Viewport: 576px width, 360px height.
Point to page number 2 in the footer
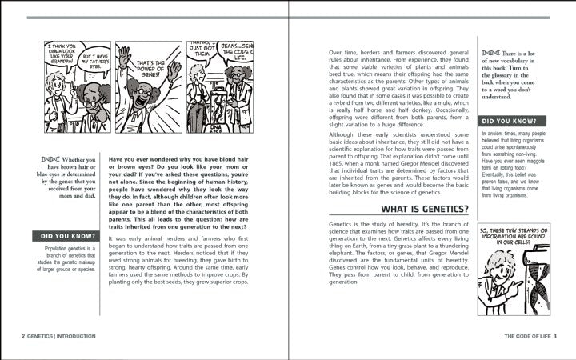[23, 337]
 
